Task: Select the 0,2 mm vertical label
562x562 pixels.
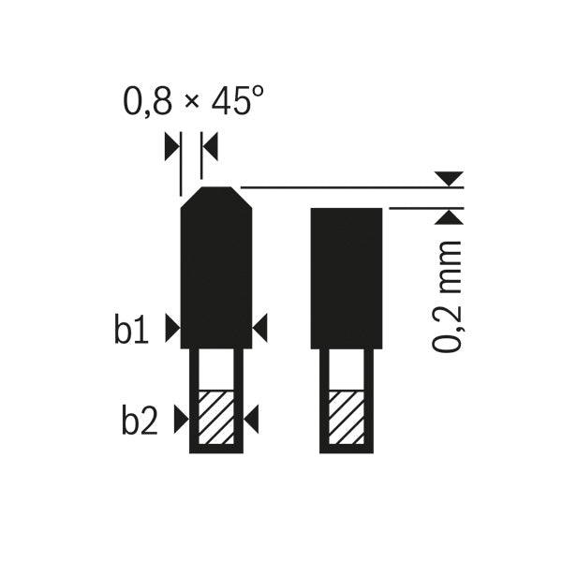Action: (x=449, y=295)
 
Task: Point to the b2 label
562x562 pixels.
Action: (x=140, y=421)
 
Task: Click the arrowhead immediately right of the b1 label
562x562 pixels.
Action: (x=170, y=328)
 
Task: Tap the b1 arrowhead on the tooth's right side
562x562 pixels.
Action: (x=260, y=328)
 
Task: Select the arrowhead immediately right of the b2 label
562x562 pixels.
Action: (x=180, y=421)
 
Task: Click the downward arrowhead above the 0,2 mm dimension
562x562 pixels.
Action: (x=449, y=177)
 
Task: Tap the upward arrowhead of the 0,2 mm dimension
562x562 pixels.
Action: (x=449, y=217)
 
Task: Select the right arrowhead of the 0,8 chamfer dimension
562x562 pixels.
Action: (x=210, y=145)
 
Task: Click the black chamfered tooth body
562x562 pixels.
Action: (x=215, y=272)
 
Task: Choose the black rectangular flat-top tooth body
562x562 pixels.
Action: (x=346, y=276)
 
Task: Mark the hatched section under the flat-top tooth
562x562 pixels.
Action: (x=346, y=418)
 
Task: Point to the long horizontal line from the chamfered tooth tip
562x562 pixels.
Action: (x=347, y=187)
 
